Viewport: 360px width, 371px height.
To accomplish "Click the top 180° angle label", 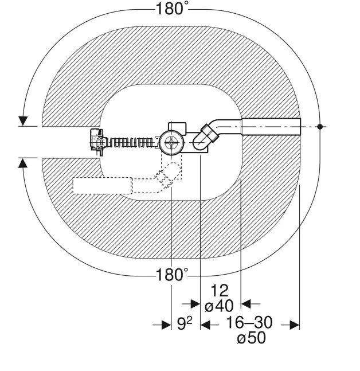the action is click(x=172, y=9).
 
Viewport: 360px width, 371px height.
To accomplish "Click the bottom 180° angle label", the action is click(x=172, y=275).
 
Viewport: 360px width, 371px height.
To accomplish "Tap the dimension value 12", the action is click(x=219, y=291).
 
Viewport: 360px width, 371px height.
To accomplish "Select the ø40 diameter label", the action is click(x=219, y=306).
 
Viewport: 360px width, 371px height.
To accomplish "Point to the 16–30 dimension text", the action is click(x=249, y=322).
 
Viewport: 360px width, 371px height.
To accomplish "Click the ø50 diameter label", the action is click(x=251, y=338).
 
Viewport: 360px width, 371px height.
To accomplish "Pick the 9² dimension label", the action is click(x=185, y=323).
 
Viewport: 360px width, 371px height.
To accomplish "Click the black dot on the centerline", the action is click(x=320, y=127).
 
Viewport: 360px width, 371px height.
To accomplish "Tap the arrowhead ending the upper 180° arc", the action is click(x=23, y=121).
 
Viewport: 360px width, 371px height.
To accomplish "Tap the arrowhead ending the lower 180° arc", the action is click(x=23, y=163).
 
